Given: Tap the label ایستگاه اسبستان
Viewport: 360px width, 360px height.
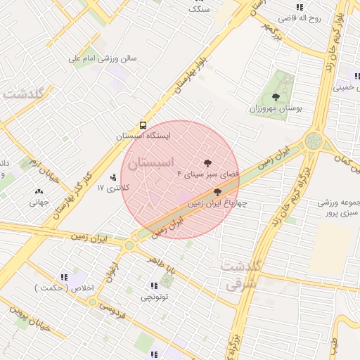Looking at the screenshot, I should pos(143,134).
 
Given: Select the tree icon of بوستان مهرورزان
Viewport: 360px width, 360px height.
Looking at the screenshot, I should pos(275,98).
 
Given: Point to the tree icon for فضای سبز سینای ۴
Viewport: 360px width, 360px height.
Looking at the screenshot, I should pos(207,162).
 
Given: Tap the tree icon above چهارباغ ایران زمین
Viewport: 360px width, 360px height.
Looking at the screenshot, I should pos(217,191).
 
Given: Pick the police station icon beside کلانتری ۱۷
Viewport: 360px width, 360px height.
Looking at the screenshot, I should pos(112,176).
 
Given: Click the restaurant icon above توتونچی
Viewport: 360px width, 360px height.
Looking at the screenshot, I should pos(154,285).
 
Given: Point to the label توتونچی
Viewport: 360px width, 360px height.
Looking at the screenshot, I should pos(155,297).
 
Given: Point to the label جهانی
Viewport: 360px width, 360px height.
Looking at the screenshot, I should pos(38,202).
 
